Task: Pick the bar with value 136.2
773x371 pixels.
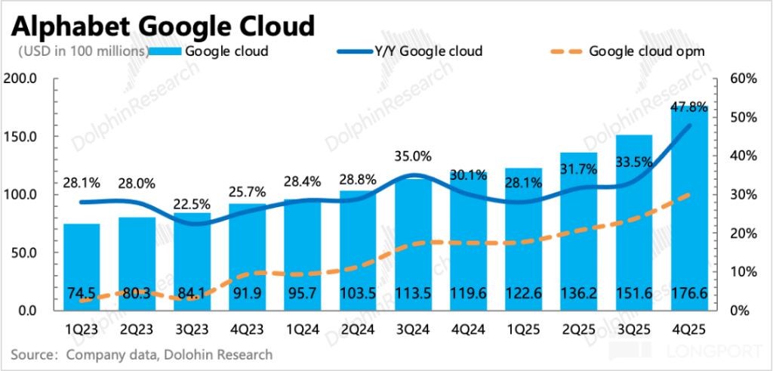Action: [578, 227]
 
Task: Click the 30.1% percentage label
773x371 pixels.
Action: [468, 175]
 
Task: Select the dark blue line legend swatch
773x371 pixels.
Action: [355, 51]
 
